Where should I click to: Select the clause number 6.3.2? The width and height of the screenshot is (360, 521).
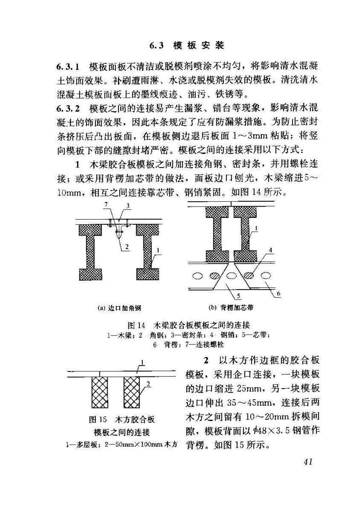click(68, 109)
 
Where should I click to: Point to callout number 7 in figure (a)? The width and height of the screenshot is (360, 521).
click(106, 205)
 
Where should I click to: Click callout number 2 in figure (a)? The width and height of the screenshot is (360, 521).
click(127, 246)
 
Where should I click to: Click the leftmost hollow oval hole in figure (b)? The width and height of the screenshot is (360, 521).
click(196, 274)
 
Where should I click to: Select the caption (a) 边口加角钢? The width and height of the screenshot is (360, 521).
click(120, 308)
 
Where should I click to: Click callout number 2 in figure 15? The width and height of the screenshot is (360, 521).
click(148, 384)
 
